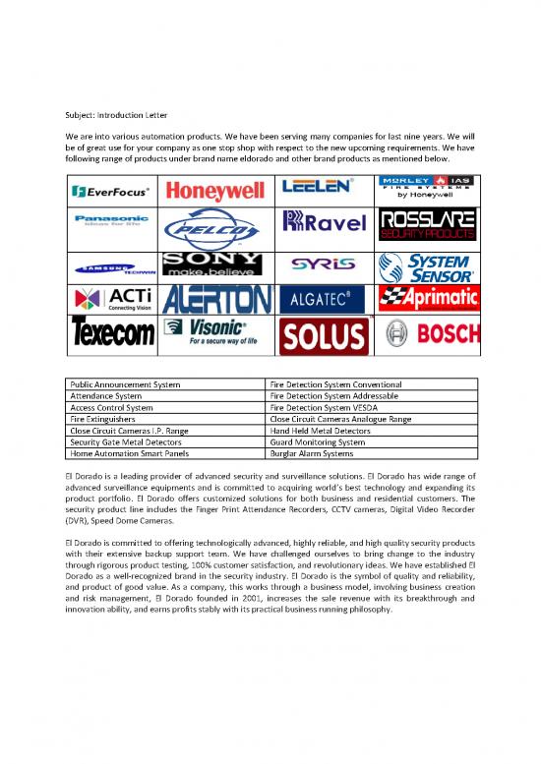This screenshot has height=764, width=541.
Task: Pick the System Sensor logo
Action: coord(429,264)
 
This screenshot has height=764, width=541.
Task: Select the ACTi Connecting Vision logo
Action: coord(114,298)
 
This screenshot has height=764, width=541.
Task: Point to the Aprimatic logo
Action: coord(429,297)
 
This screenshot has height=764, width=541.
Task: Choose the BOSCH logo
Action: coord(429,334)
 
